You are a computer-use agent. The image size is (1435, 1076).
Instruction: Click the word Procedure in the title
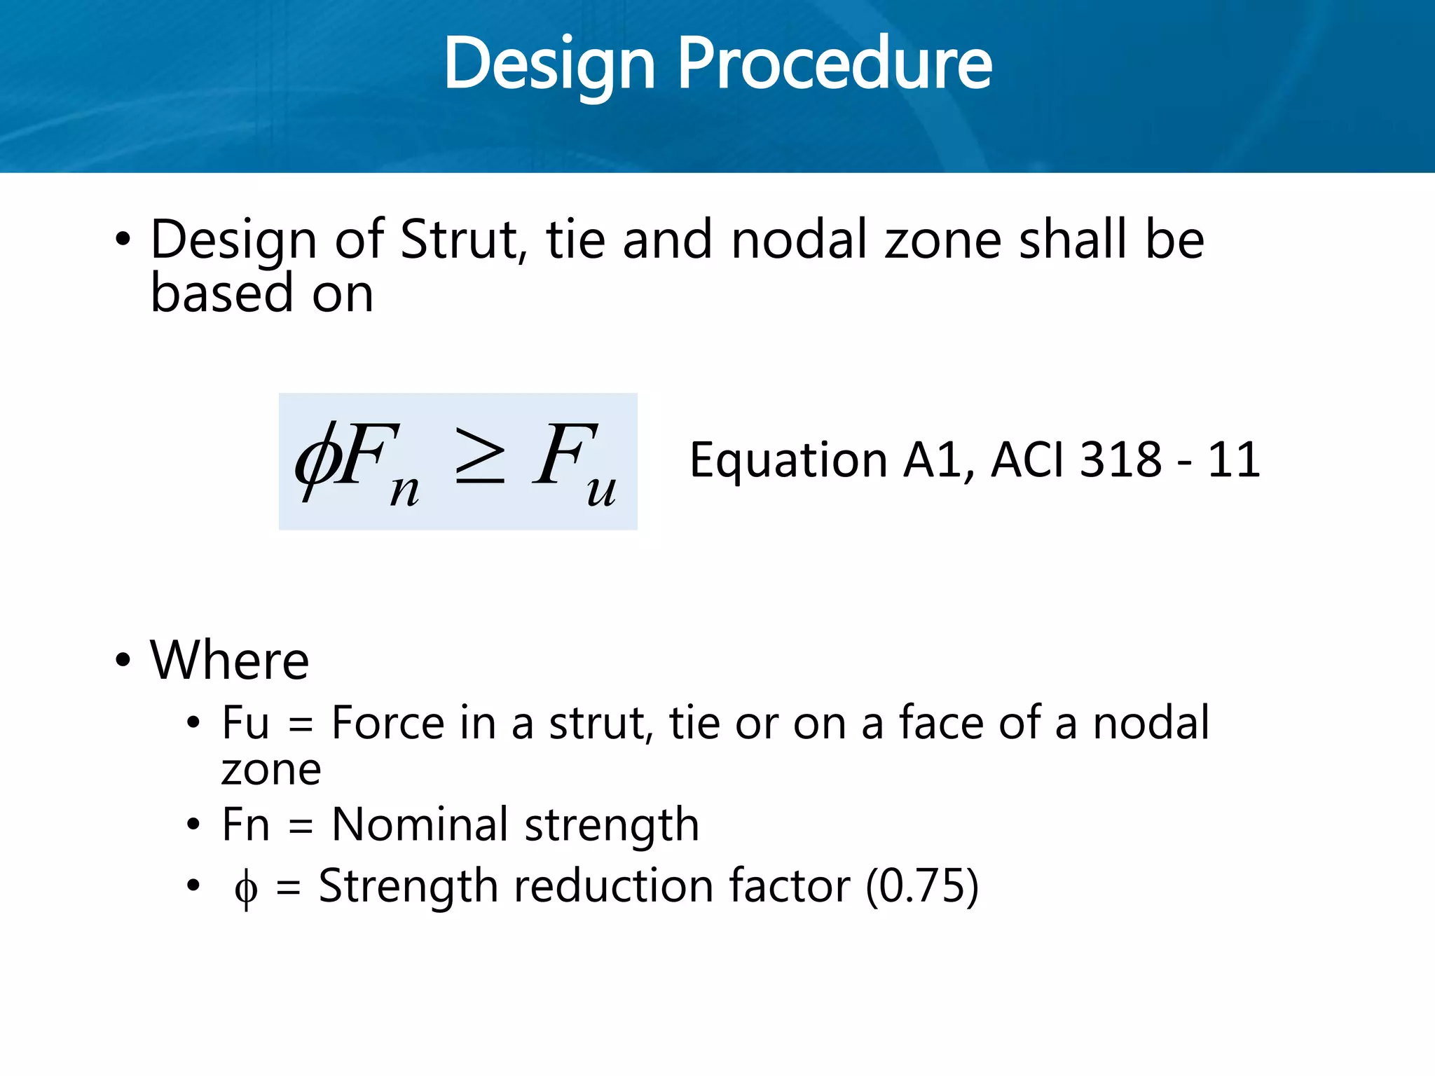834,64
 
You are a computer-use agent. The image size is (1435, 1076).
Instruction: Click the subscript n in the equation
404,490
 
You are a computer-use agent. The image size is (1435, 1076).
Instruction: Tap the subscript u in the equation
601,490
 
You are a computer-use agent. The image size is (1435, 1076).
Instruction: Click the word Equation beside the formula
789,461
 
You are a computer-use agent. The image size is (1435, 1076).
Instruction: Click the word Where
229,661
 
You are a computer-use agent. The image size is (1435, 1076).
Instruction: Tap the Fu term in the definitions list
245,723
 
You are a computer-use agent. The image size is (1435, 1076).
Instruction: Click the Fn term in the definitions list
245,825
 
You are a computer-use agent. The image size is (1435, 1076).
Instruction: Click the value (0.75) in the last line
922,886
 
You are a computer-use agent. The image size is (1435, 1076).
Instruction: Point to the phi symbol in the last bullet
246,888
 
